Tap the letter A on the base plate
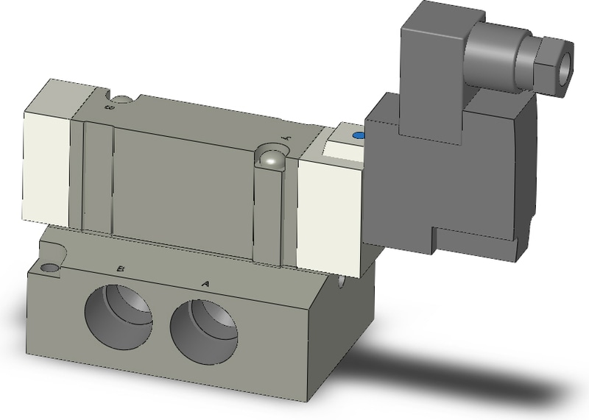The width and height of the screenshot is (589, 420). (x=205, y=282)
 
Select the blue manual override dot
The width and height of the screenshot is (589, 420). (x=359, y=136)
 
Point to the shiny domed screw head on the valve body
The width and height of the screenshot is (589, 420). (x=272, y=157)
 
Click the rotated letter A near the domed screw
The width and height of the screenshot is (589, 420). (x=288, y=138)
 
